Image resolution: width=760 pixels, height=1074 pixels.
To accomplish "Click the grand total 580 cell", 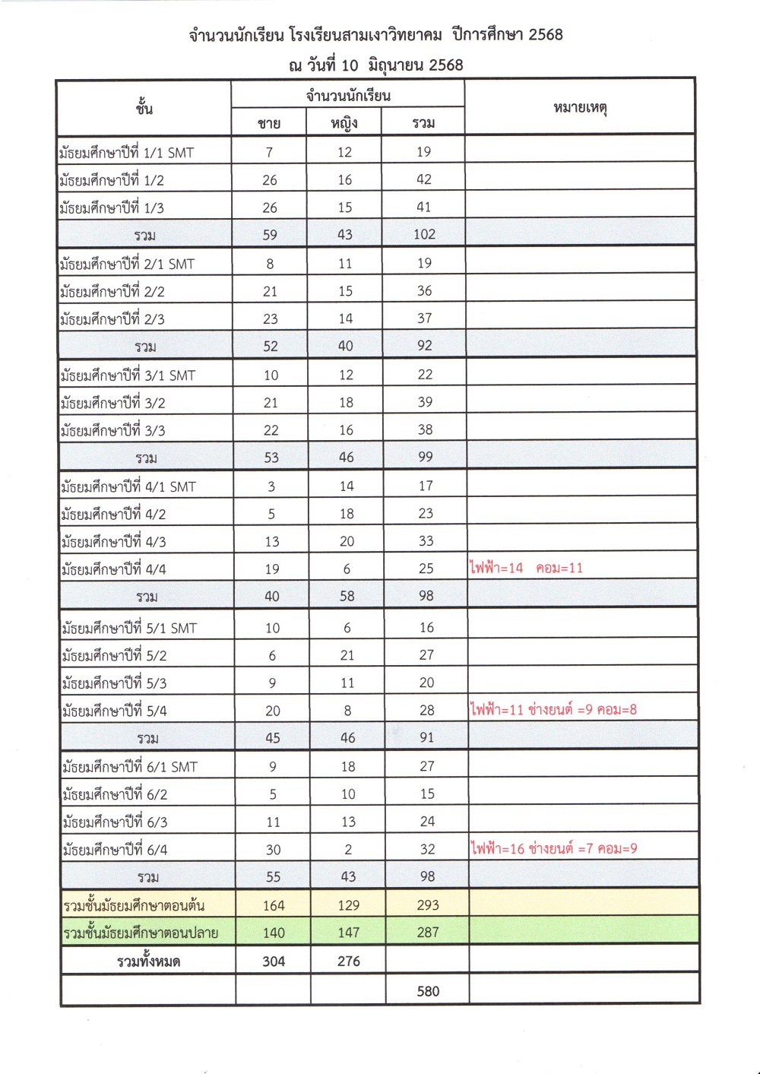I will tap(428, 991).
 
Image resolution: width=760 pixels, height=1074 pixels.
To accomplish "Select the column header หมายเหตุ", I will tap(580, 108).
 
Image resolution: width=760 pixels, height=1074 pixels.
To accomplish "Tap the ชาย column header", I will tap(269, 123).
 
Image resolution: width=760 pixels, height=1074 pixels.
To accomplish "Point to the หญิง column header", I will tap(344, 123).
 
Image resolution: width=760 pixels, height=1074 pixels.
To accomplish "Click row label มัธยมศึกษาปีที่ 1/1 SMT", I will tap(127, 153).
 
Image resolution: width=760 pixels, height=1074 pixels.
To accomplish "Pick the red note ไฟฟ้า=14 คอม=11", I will tap(527, 568).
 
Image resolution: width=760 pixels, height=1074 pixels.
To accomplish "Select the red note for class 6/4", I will tap(554, 848).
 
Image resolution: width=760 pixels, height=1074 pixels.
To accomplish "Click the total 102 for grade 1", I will tap(424, 235).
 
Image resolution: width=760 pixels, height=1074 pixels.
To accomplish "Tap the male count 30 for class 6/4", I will tap(273, 850).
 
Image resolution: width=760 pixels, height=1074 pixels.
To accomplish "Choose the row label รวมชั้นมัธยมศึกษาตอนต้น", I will tap(134, 906).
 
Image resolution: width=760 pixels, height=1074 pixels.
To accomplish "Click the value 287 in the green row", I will tap(428, 933).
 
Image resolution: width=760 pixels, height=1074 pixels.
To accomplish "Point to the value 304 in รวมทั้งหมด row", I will tap(274, 962).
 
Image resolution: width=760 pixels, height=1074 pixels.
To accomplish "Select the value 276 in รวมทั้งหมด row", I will tap(349, 962).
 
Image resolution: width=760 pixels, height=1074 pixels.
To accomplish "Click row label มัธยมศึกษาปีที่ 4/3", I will tap(114, 542).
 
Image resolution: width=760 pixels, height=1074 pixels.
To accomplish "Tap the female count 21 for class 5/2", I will tap(347, 655).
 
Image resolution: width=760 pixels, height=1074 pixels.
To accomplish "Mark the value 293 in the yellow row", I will tap(428, 905).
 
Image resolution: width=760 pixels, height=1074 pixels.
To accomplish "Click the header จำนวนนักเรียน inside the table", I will tap(348, 96).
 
